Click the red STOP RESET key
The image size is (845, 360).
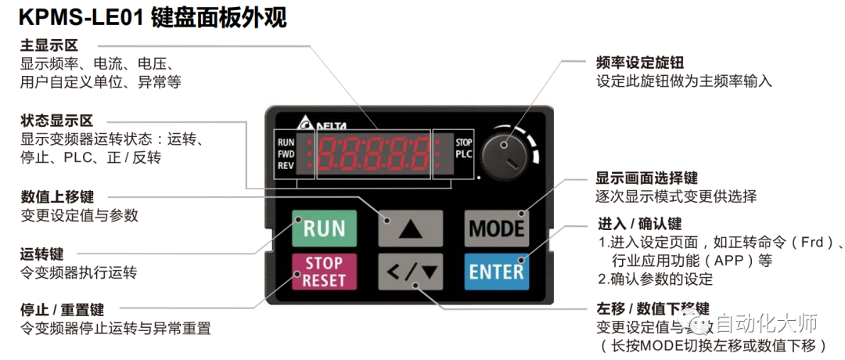tap(324, 272)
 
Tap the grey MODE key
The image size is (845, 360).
tap(496, 228)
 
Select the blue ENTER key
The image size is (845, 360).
tap(496, 272)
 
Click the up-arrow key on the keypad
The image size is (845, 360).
tap(411, 229)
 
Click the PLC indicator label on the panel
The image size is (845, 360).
tap(463, 154)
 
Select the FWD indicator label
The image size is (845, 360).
tap(286, 154)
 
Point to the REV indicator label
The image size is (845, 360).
tap(286, 165)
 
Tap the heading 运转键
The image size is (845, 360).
tap(41, 254)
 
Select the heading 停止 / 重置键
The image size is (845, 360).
tap(62, 310)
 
